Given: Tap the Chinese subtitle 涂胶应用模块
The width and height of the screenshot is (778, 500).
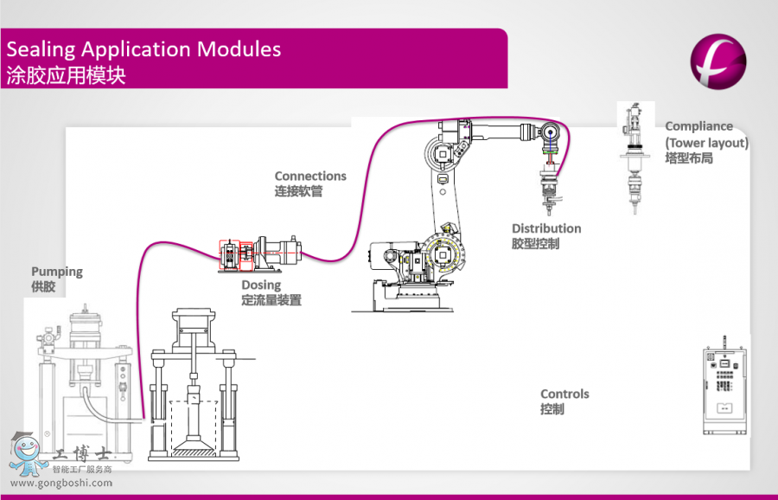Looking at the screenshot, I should [67, 75].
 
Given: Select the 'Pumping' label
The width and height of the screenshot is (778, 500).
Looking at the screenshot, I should [57, 272].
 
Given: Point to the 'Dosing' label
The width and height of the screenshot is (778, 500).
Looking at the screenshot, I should [261, 285].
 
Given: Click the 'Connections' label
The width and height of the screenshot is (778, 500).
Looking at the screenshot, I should [310, 176].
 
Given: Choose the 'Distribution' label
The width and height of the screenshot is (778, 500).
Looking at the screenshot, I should [546, 228].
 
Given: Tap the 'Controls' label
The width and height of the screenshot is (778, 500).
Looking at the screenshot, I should [564, 394].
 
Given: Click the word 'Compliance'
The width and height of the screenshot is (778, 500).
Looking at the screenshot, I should [698, 126].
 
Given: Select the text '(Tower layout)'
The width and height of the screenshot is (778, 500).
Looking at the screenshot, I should [706, 143].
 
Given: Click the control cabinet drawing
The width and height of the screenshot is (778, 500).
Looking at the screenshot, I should [724, 389].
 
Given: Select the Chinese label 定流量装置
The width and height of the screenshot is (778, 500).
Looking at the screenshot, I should [271, 301].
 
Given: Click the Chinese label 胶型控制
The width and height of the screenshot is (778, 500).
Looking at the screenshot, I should [535, 244].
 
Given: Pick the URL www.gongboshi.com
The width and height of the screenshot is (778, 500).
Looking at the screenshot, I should [61, 483].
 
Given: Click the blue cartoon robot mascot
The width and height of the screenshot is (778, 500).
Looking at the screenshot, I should [29, 454].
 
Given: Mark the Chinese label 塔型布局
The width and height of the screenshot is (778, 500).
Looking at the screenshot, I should [689, 158].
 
